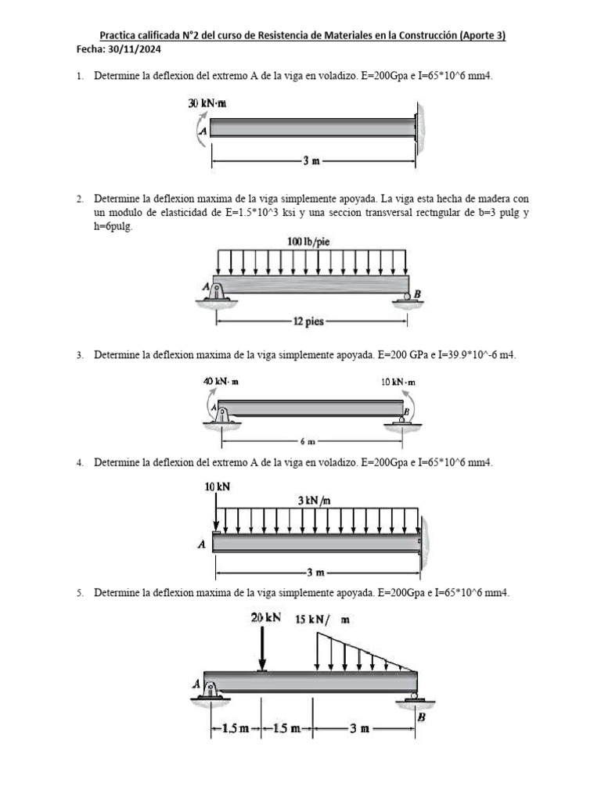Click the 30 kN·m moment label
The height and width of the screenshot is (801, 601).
click(207, 103)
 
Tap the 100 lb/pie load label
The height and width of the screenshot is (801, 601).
click(309, 242)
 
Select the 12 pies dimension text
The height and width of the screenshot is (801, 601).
click(310, 321)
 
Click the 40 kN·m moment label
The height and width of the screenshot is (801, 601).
click(221, 382)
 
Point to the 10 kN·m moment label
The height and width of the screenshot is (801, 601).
click(398, 382)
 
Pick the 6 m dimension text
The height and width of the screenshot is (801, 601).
click(308, 441)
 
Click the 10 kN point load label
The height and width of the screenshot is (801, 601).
click(218, 487)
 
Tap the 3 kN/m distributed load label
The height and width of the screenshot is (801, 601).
click(314, 500)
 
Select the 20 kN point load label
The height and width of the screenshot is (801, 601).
click(266, 618)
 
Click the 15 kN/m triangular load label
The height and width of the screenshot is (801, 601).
click(322, 620)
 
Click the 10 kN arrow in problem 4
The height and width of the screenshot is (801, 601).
click(216, 512)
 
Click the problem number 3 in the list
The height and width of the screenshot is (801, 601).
click(80, 355)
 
